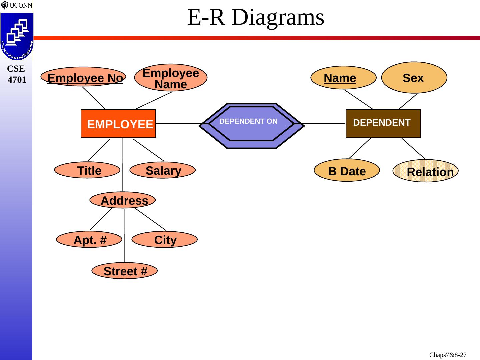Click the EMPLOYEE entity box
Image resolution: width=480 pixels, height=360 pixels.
click(118, 124)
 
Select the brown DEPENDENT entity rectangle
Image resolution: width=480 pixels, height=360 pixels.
click(383, 123)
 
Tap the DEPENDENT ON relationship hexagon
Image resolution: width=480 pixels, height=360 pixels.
click(252, 126)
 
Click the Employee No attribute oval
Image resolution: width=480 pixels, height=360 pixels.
click(83, 77)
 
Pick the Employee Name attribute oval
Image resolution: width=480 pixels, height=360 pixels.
click(171, 78)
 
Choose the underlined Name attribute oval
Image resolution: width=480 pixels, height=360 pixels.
click(343, 78)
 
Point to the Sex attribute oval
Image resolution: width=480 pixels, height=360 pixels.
click(414, 78)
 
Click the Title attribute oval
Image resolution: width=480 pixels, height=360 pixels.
click(87, 170)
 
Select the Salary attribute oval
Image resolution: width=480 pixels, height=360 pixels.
click(162, 170)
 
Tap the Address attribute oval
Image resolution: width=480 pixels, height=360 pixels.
click(123, 200)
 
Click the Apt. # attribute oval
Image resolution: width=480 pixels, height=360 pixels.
click(89, 240)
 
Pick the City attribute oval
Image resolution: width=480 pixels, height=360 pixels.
click(164, 240)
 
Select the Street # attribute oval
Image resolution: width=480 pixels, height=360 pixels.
click(124, 271)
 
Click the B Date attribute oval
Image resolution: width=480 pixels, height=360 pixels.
click(347, 170)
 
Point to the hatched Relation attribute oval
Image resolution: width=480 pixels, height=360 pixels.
click(426, 171)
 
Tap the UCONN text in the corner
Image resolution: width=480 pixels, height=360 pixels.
click(21, 5)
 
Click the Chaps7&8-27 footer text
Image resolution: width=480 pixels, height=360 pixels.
click(448, 355)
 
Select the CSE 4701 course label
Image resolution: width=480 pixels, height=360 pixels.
click(16, 74)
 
